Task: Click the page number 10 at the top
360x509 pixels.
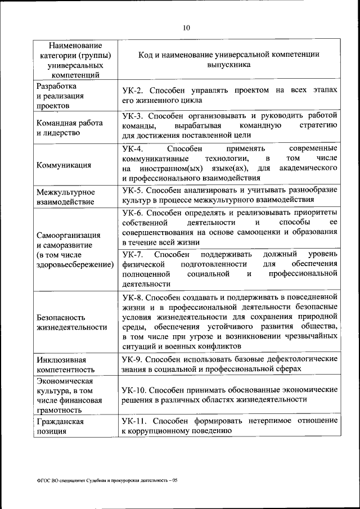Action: pyautogui.click(x=187, y=28)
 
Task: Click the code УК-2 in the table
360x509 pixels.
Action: pyautogui.click(x=133, y=91)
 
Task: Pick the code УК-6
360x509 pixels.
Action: pyautogui.click(x=133, y=213)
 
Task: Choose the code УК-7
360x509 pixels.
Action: pyautogui.click(x=133, y=254)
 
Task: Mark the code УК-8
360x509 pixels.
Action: pyautogui.click(x=133, y=296)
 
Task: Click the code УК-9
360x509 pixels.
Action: pyautogui.click(x=133, y=359)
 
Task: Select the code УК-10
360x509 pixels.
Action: pyautogui.click(x=134, y=390)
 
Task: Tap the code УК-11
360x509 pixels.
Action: pyautogui.click(x=134, y=421)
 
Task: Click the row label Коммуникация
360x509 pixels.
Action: pyautogui.click(x=64, y=165)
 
